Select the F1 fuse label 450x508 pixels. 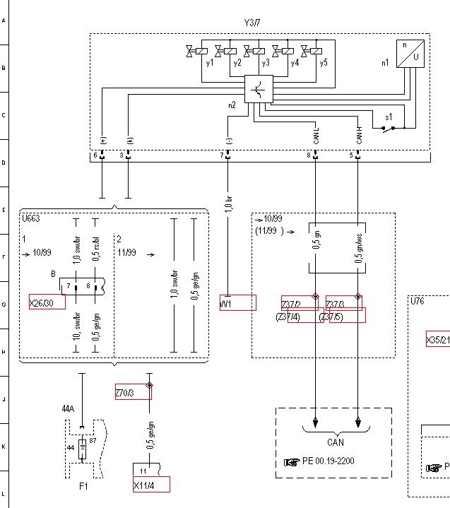click(x=84, y=486)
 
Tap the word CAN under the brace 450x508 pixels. click(x=336, y=443)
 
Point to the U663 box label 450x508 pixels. click(x=30, y=219)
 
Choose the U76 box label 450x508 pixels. click(x=418, y=301)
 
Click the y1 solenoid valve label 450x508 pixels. click(x=210, y=64)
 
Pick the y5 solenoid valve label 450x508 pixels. click(x=323, y=64)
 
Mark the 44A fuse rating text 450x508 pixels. click(x=68, y=408)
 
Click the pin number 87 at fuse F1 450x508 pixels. click(x=93, y=440)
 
